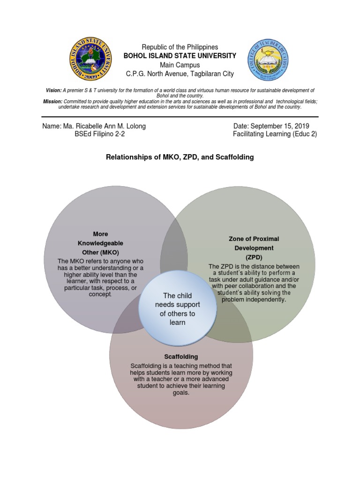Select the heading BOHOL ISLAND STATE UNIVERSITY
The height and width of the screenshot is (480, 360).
180,56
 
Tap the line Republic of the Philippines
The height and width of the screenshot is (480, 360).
180,47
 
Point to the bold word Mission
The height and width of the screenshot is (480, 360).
52,101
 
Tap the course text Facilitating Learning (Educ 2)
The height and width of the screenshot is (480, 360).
275,134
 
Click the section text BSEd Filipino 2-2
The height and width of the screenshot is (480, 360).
100,134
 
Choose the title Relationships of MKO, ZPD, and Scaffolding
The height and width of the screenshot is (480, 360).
180,157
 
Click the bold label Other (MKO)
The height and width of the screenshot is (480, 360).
100,253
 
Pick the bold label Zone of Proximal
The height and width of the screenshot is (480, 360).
254,239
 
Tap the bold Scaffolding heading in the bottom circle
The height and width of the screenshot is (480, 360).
181,357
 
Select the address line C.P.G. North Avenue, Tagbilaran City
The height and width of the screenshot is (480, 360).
180,74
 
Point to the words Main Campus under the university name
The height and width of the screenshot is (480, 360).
180,65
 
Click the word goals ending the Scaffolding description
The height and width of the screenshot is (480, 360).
180,392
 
